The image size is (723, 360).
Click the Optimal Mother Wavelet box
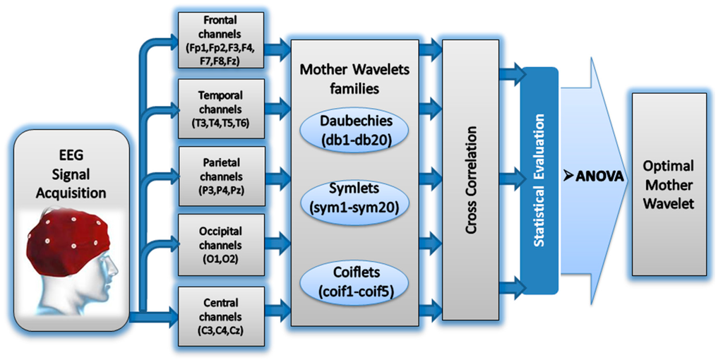point(668,184)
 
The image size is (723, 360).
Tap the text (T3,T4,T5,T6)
point(220,124)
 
